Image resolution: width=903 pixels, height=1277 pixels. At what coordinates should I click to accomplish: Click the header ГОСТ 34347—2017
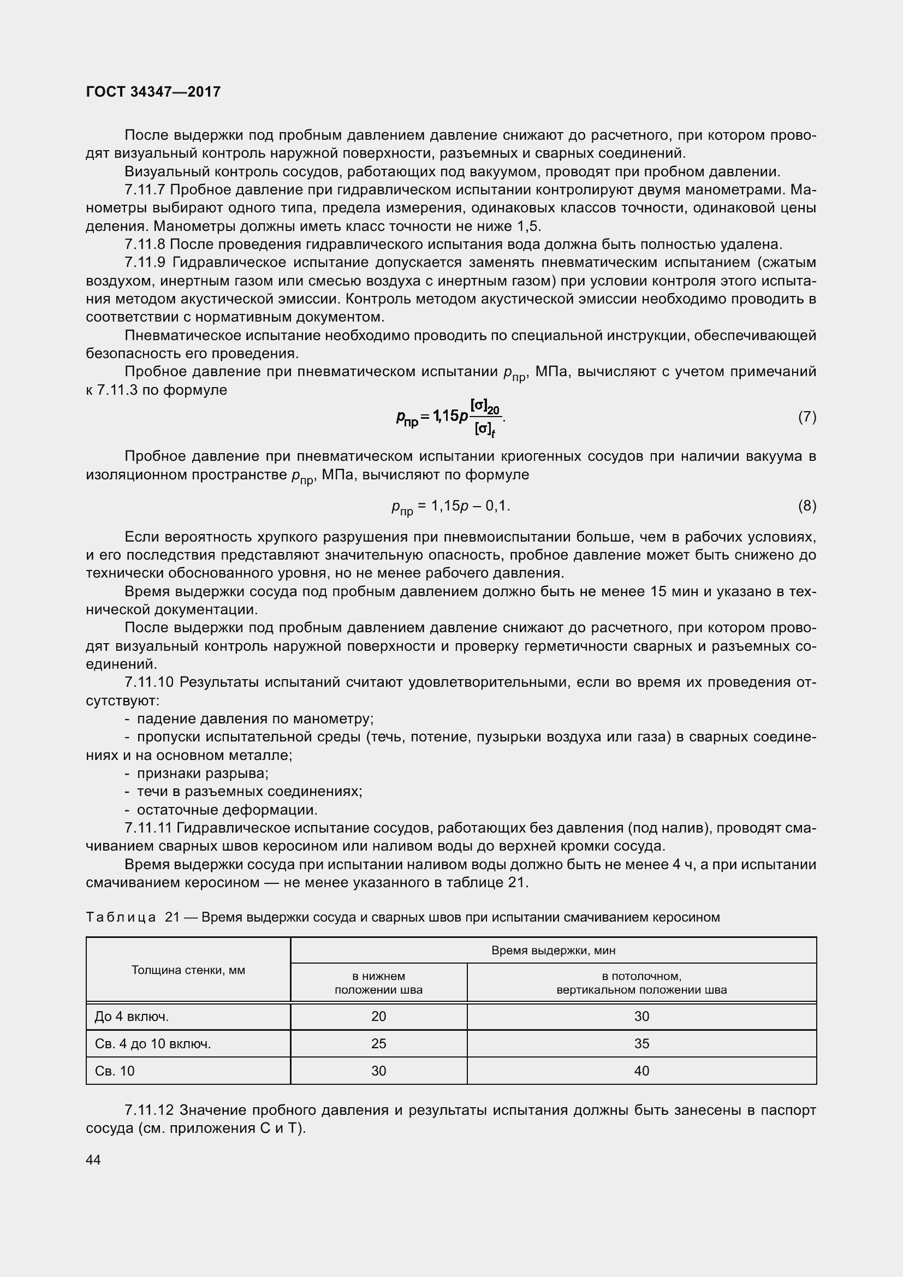[153, 92]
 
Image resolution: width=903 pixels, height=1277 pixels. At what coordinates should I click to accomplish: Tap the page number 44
[93, 1160]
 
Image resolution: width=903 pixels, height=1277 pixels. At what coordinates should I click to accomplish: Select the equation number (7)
[807, 417]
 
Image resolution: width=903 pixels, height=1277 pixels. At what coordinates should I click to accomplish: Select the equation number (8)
[807, 506]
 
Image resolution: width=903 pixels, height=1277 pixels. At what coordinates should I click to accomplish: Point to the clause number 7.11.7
[145, 189]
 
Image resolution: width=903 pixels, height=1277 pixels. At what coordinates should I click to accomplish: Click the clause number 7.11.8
[145, 244]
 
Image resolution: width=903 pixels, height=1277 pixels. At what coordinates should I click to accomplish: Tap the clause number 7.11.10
[149, 682]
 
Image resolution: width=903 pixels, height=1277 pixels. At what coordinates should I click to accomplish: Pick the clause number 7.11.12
[149, 1110]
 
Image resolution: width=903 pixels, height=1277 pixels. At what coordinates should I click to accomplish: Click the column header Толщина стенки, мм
[188, 970]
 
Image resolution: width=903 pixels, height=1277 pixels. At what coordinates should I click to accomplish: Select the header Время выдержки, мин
[553, 950]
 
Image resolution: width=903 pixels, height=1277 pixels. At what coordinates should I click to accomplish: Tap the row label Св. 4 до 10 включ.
[153, 1044]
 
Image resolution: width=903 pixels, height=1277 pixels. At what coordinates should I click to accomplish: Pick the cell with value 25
[379, 1044]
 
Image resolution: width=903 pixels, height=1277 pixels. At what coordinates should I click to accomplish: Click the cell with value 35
[641, 1044]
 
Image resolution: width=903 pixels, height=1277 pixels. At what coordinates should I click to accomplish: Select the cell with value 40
[641, 1071]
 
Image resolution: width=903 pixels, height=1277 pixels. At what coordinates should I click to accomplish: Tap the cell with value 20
[379, 1017]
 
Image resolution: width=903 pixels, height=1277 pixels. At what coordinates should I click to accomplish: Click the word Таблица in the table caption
[121, 917]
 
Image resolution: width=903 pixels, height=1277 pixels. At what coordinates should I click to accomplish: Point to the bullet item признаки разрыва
[203, 773]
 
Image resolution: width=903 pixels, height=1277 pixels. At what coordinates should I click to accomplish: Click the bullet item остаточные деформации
[227, 810]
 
